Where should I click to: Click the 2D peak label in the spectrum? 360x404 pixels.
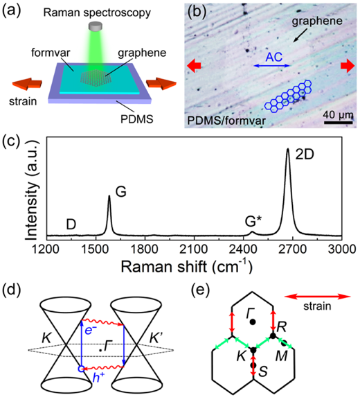pyautogui.click(x=305, y=155)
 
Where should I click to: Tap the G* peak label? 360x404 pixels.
pyautogui.click(x=253, y=221)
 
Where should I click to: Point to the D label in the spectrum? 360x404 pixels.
pyautogui.click(x=71, y=224)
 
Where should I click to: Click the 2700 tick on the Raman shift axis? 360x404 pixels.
pyautogui.click(x=293, y=249)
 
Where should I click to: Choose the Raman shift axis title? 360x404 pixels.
pyautogui.click(x=186, y=266)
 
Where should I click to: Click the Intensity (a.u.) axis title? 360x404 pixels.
pyautogui.click(x=32, y=191)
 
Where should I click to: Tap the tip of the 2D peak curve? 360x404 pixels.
pyautogui.click(x=288, y=148)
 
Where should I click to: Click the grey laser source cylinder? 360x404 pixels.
pyautogui.click(x=96, y=26)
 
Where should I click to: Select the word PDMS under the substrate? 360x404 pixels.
pyautogui.click(x=137, y=119)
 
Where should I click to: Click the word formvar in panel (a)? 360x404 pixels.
pyautogui.click(x=51, y=53)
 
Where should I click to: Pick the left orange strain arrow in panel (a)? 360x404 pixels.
pyautogui.click(x=27, y=84)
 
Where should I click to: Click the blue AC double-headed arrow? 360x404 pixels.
pyautogui.click(x=272, y=66)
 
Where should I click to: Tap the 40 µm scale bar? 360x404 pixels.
pyautogui.click(x=338, y=123)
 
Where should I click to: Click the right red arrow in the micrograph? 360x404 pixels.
pyautogui.click(x=348, y=67)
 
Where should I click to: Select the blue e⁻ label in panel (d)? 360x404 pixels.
pyautogui.click(x=89, y=330)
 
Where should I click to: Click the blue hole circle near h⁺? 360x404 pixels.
pyautogui.click(x=81, y=369)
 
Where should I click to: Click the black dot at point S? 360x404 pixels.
pyautogui.click(x=253, y=365)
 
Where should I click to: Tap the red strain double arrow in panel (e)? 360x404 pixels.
pyautogui.click(x=317, y=297)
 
